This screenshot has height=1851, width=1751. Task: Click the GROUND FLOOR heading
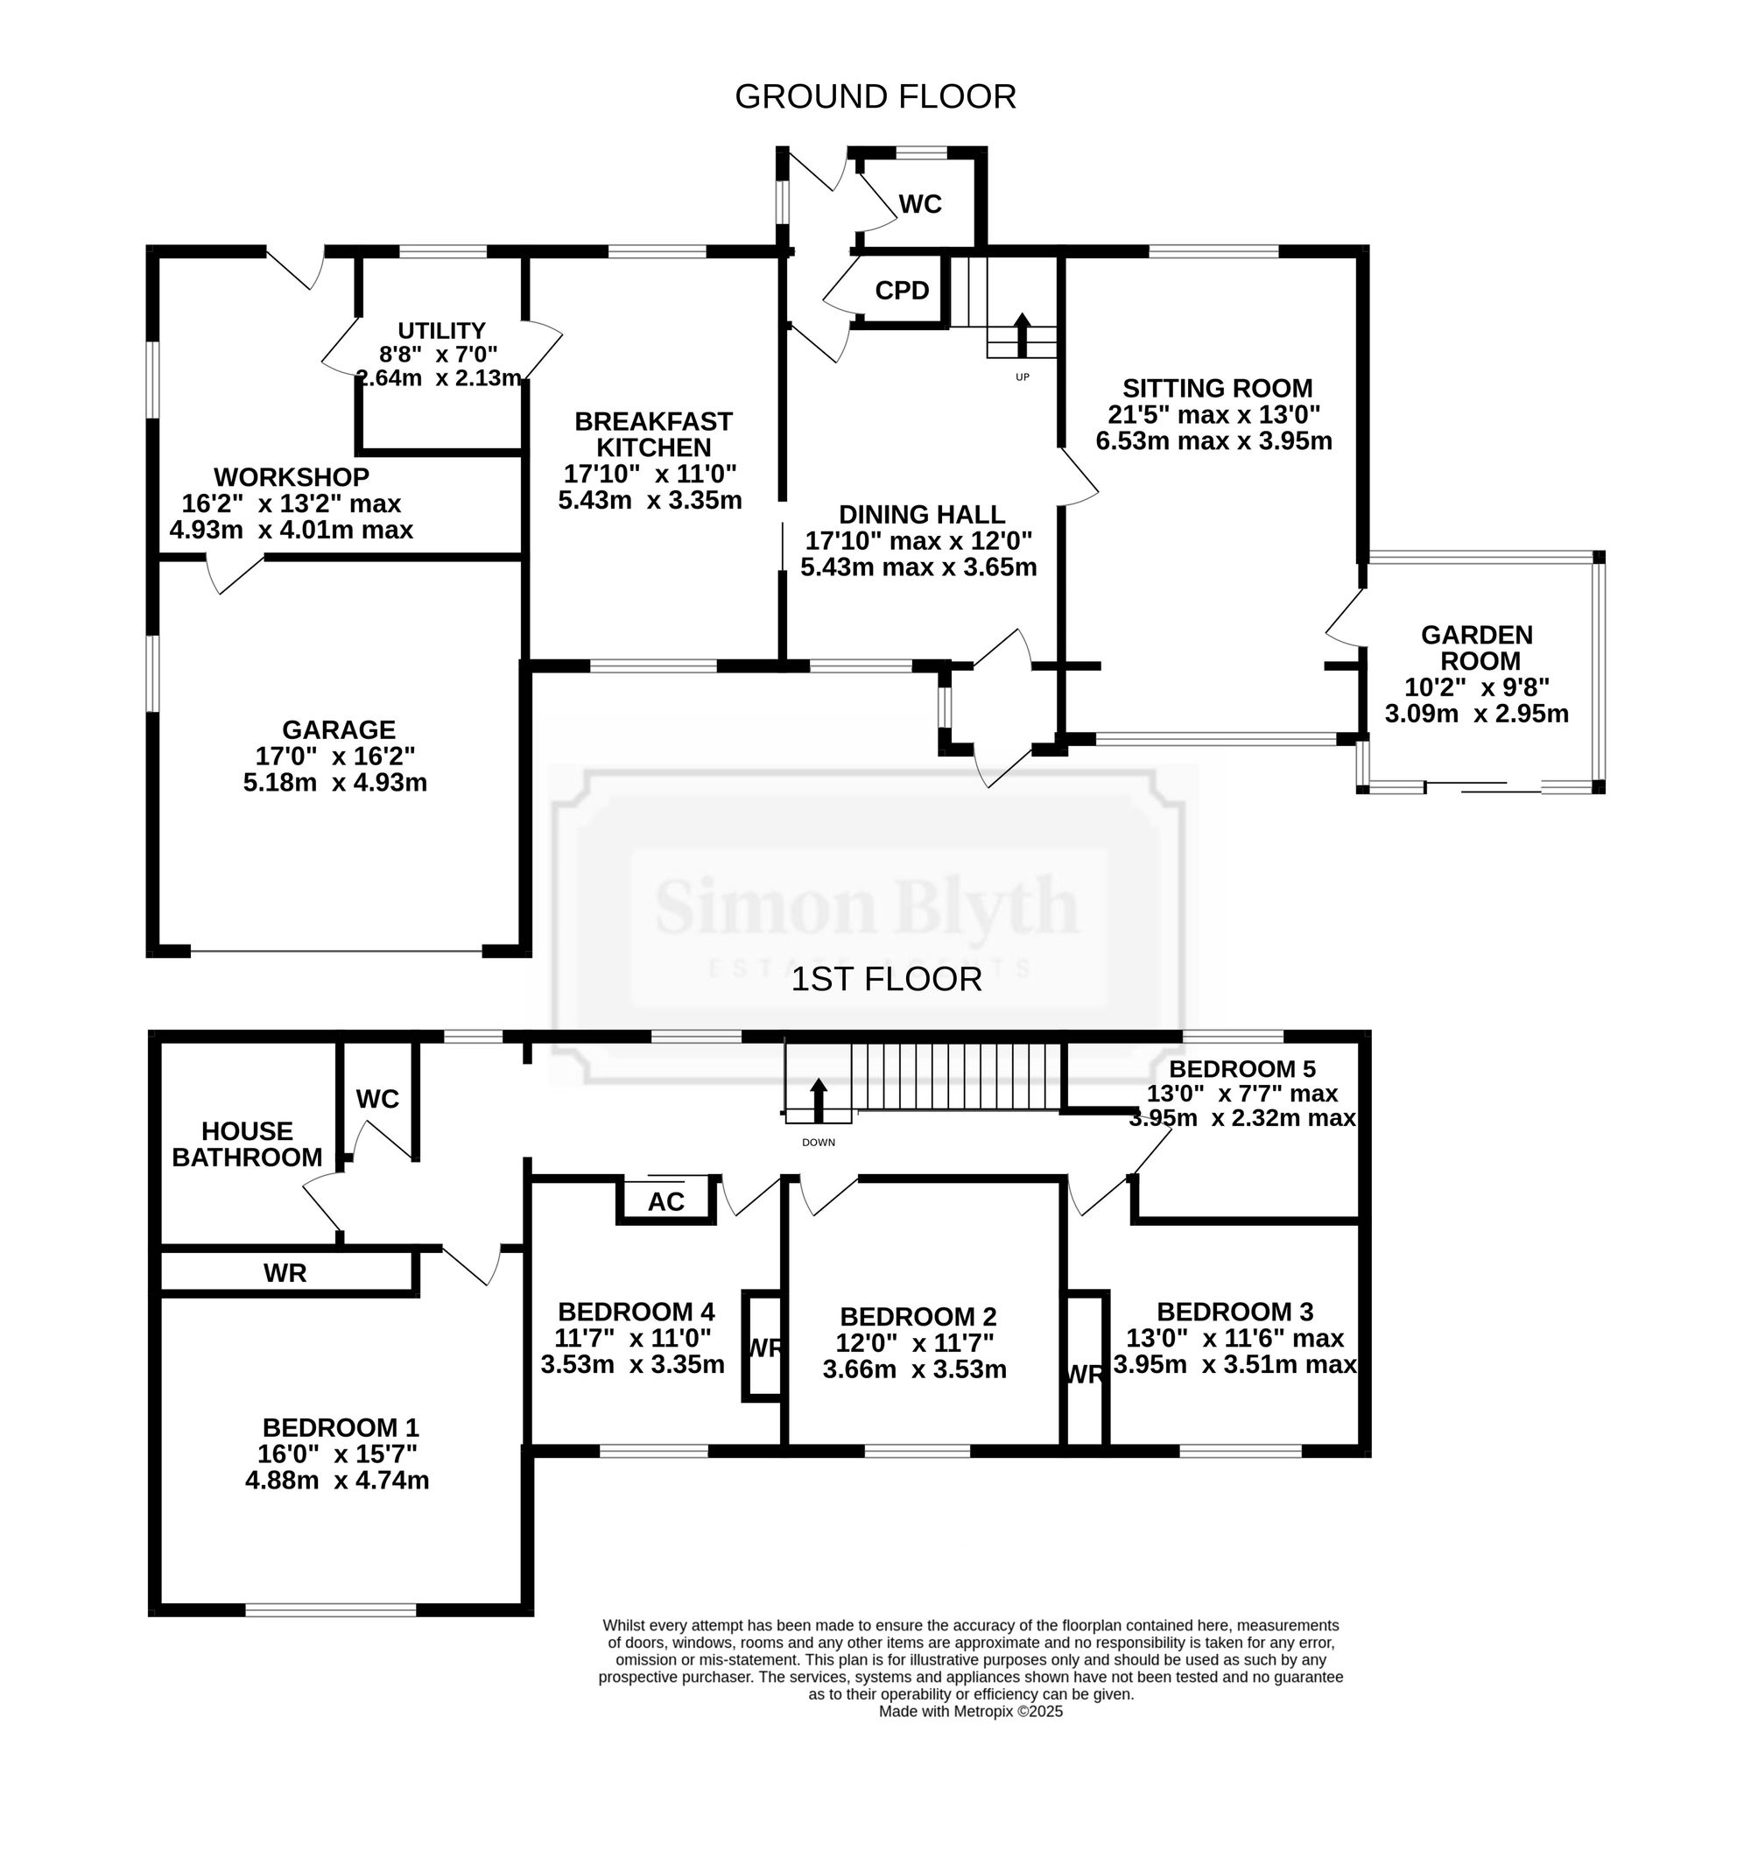875,97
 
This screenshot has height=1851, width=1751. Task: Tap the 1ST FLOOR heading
886,979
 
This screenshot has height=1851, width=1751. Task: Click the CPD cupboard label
902,291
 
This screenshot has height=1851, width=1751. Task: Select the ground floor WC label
919,203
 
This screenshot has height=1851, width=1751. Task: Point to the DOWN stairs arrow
819,1101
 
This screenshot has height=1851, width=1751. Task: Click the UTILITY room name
441,330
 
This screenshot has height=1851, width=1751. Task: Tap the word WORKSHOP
292,477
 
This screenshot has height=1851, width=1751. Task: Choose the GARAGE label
339,729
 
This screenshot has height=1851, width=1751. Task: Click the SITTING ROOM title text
1217,387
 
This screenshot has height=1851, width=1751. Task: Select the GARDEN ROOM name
1478,647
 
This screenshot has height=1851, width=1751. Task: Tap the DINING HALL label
921,514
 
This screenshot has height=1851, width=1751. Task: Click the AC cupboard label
665,1201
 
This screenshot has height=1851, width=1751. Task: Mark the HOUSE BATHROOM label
248,1144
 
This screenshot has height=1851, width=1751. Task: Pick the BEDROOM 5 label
1242,1068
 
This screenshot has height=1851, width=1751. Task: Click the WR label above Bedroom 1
285,1272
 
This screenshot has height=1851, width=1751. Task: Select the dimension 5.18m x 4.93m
335,782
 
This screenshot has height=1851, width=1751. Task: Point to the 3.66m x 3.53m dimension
915,1369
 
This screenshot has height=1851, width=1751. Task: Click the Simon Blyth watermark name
867,906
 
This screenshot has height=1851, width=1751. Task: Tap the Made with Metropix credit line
971,1711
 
